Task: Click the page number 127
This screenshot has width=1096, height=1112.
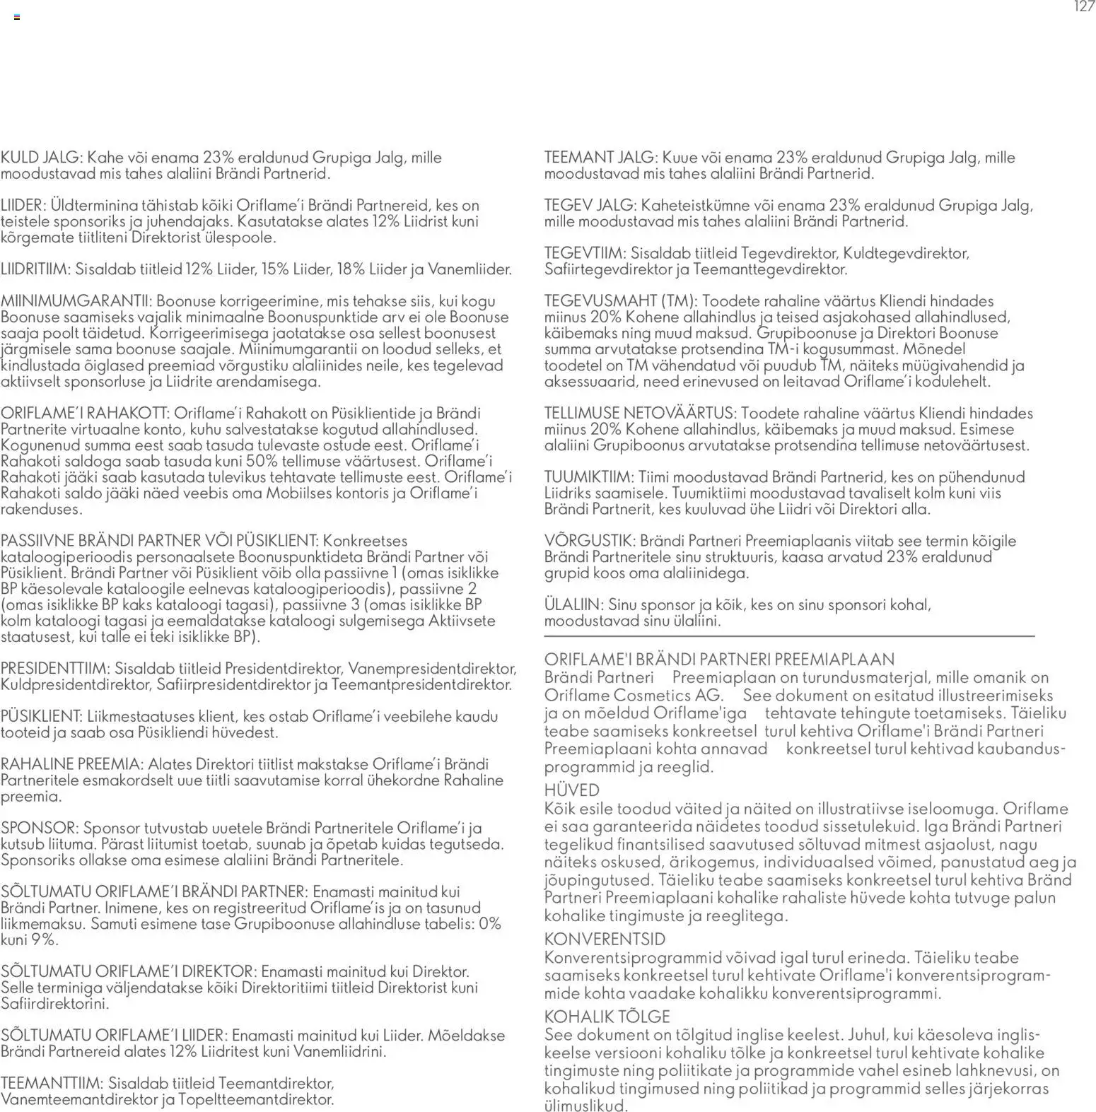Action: (1084, 7)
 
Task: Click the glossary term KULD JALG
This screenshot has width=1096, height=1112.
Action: (42, 158)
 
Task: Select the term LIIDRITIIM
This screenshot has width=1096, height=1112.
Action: (35, 269)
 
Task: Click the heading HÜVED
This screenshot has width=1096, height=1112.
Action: (571, 790)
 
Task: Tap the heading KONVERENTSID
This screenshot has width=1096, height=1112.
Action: (605, 940)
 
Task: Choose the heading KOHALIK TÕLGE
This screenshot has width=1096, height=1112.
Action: (607, 1017)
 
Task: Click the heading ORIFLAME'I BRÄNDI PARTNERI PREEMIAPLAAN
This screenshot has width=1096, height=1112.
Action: (718, 660)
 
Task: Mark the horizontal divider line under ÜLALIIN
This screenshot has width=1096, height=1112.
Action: (788, 637)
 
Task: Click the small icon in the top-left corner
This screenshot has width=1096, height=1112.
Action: (17, 17)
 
